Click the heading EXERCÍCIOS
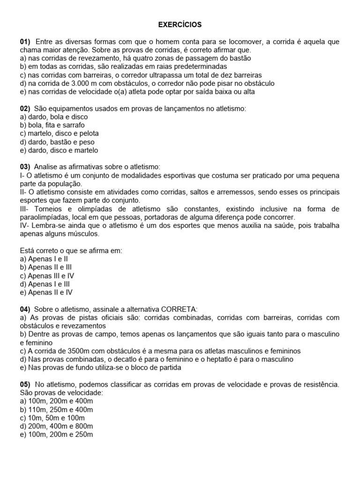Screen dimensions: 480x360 [x=180, y=24]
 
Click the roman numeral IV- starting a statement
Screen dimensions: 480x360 [x=24, y=225]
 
